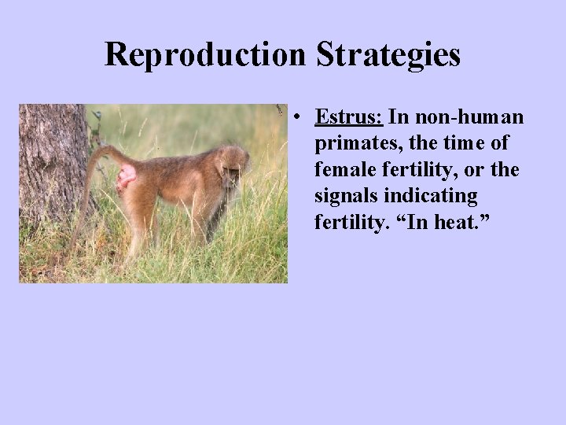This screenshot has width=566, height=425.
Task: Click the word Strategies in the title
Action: coord(388,55)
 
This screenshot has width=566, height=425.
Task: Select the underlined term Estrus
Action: coord(348,117)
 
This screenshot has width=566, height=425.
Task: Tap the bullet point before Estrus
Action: coord(300,118)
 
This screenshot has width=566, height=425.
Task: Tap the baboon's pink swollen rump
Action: coord(126,179)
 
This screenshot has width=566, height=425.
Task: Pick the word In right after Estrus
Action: coord(399,117)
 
